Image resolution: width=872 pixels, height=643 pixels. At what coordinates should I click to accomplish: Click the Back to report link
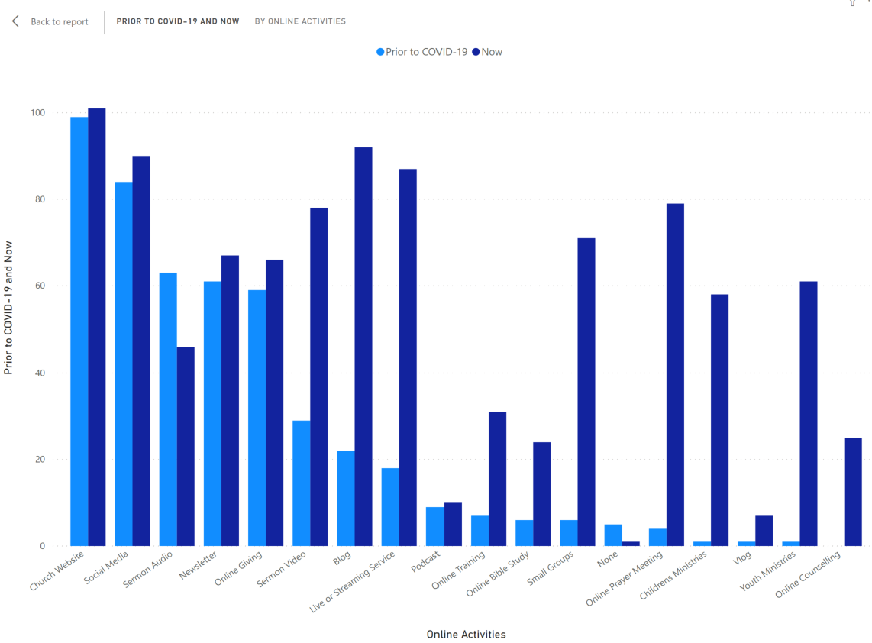[x=58, y=21]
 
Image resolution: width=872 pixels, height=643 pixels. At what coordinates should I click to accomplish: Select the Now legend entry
[x=491, y=52]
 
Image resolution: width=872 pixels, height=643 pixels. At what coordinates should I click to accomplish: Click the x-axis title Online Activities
[x=466, y=634]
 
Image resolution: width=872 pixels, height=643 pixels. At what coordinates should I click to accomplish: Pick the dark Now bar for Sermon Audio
[x=186, y=447]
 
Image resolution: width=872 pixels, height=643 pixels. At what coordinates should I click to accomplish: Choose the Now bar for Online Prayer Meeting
[x=675, y=375]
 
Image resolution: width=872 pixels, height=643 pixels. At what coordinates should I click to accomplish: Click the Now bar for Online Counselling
[x=852, y=492]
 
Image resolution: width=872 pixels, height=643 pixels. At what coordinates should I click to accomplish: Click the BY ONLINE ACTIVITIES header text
[x=300, y=21]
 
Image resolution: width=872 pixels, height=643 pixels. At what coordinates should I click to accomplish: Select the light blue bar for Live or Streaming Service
[x=389, y=507]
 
